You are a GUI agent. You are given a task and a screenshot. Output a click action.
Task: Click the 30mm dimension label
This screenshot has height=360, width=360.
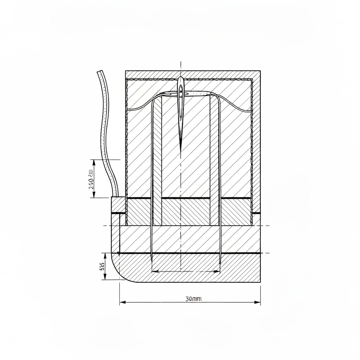[x=193, y=299]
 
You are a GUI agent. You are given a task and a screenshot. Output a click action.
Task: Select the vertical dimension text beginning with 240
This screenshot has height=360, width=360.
[x=91, y=179]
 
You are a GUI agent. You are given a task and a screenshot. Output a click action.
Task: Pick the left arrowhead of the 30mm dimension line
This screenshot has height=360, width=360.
[x=122, y=302]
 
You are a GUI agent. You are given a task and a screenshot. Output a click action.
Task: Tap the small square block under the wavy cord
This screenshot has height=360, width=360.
[x=118, y=205]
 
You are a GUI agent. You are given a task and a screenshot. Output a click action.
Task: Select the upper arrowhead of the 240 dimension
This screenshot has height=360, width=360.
[x=94, y=162]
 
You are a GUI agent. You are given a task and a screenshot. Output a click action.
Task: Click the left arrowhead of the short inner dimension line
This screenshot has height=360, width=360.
[x=154, y=271]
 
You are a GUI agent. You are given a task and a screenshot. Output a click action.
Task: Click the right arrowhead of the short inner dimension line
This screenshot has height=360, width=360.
[x=218, y=271]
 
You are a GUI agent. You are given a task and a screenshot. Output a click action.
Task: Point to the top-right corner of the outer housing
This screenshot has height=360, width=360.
[x=260, y=71]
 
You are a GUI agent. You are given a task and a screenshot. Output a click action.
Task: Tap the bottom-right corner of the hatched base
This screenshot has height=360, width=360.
[x=260, y=282]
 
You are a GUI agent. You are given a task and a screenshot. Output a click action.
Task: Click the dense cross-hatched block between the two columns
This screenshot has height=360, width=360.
[x=186, y=212]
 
